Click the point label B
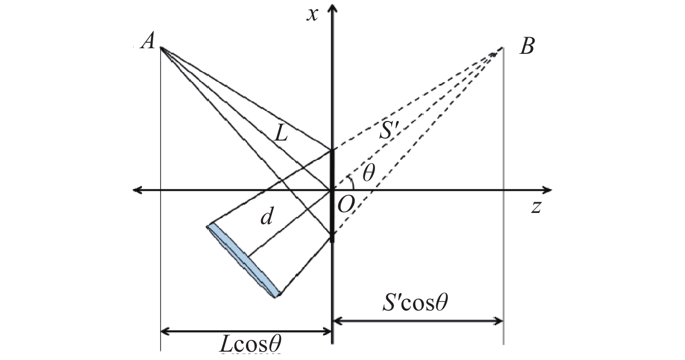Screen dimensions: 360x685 click(x=527, y=47)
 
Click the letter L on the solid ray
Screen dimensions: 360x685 click(x=281, y=135)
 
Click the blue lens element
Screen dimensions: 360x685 click(x=244, y=260)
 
